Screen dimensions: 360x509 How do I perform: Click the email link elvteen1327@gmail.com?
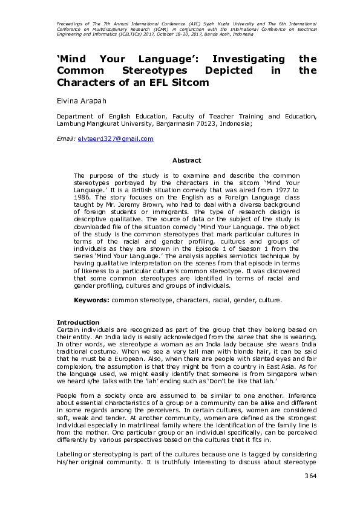pyautogui.click(x=115, y=139)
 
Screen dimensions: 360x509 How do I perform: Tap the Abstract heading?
pyautogui.click(x=187, y=160)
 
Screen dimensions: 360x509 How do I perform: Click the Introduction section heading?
pyautogui.click(x=78, y=322)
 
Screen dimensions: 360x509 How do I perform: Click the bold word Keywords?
pyautogui.click(x=91, y=300)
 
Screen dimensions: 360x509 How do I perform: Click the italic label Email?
pyautogui.click(x=65, y=139)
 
